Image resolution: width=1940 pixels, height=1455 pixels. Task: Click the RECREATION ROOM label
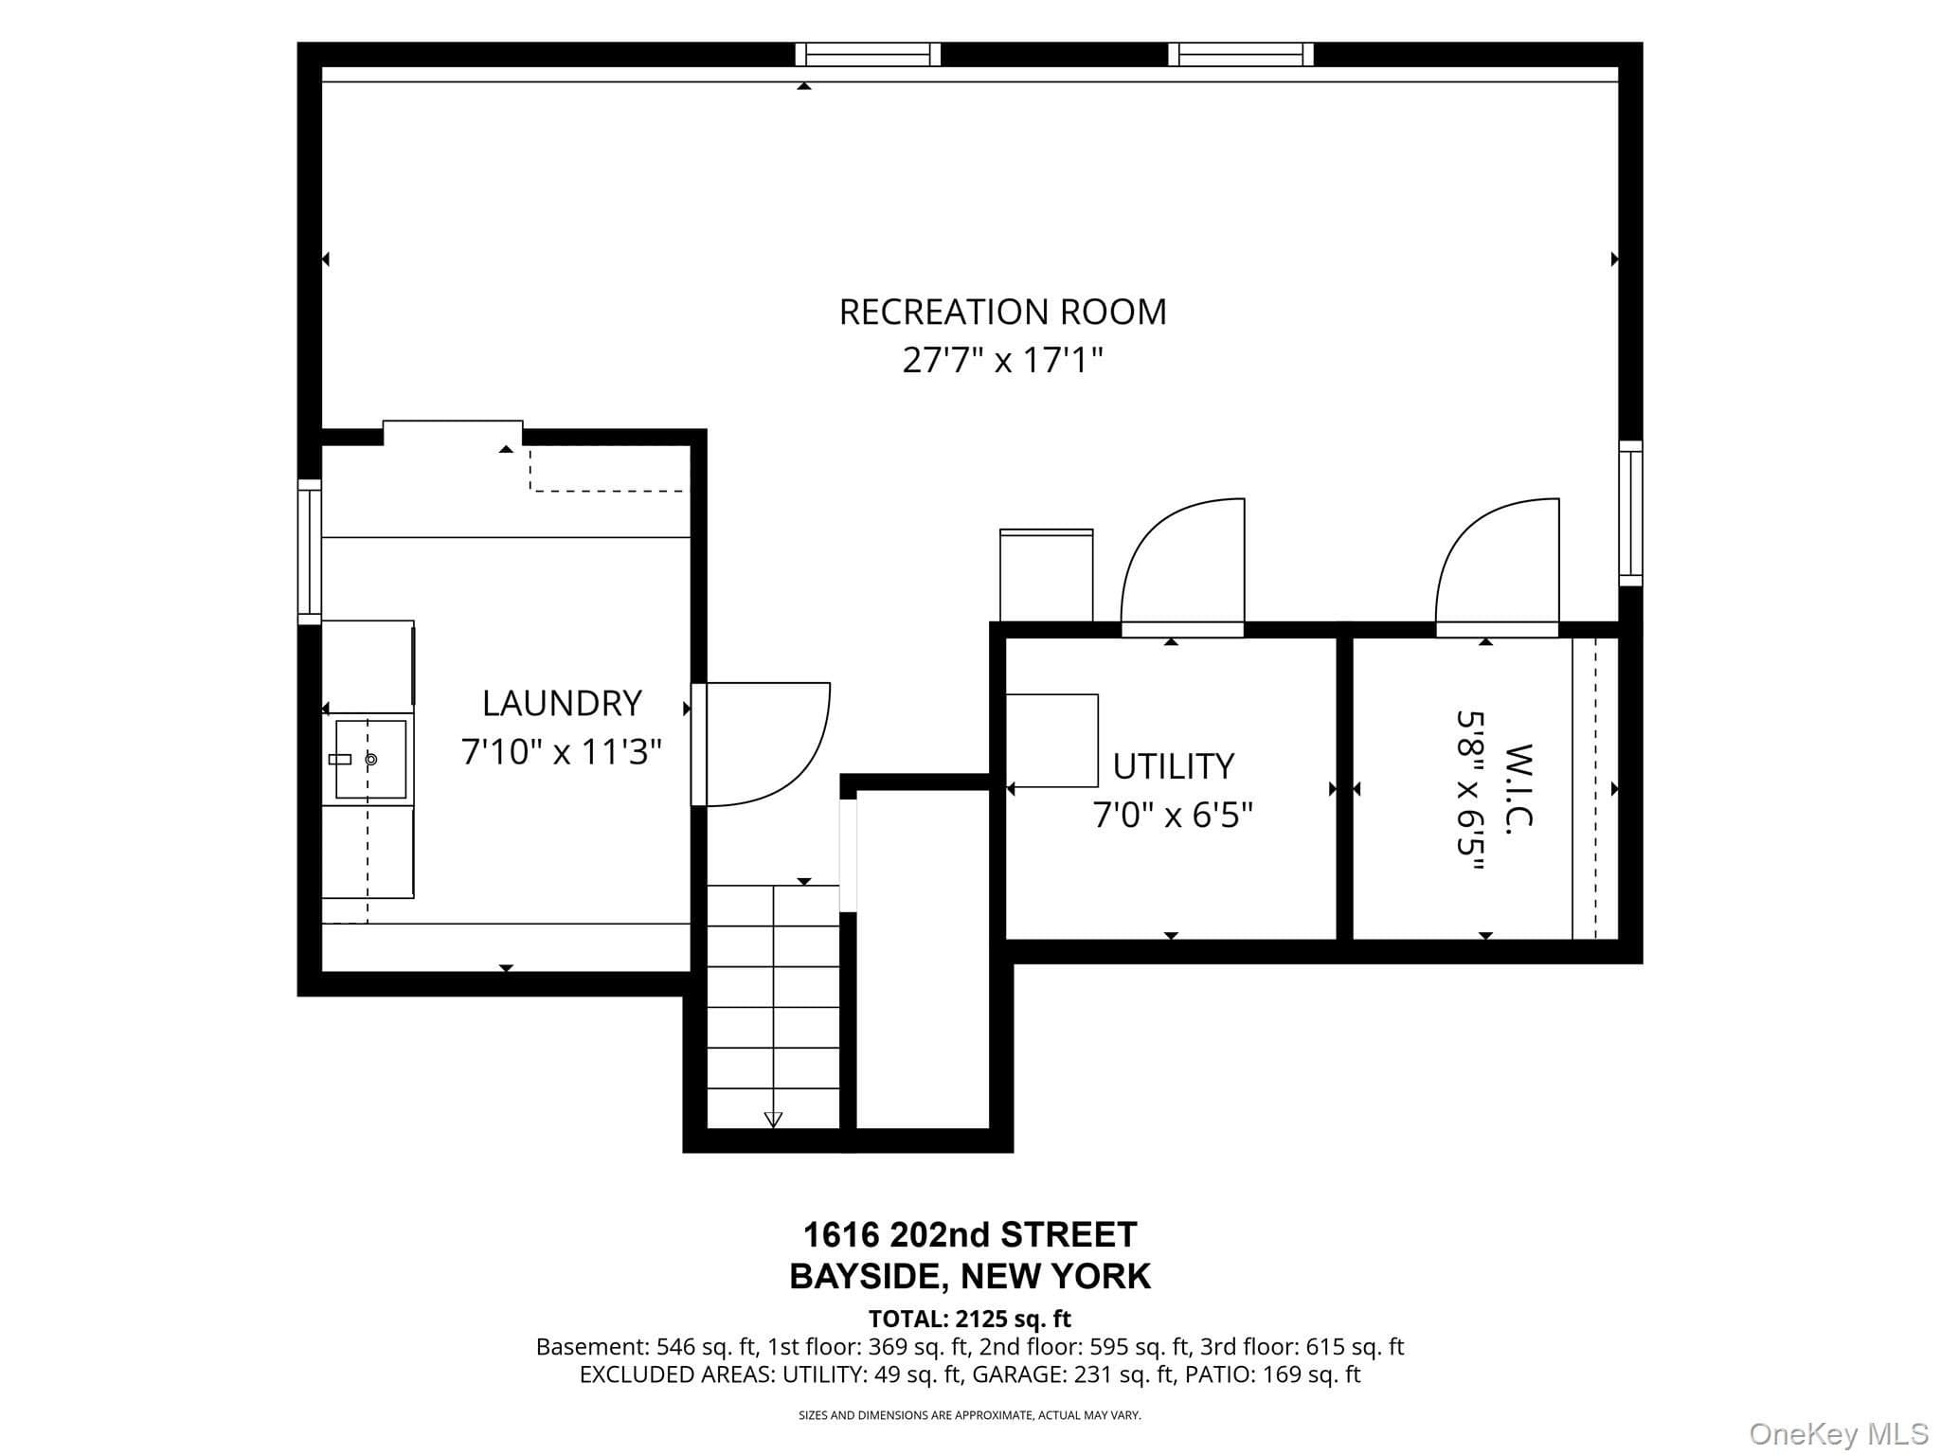click(1003, 312)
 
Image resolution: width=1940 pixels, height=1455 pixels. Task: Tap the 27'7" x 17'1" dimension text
click(1003, 360)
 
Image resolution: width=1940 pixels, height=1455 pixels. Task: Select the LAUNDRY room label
click(562, 703)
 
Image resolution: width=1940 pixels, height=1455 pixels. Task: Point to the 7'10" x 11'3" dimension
click(562, 752)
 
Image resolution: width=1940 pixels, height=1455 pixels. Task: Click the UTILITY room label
click(1173, 766)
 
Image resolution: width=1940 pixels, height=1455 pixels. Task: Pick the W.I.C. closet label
click(1518, 788)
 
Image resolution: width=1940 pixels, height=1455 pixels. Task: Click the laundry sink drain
click(371, 759)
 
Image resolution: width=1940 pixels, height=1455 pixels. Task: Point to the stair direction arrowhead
click(773, 1120)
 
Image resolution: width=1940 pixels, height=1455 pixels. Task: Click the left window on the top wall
click(868, 54)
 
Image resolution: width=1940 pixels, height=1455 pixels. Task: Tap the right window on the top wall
click(1241, 54)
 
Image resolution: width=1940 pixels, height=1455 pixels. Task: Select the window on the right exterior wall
click(1630, 512)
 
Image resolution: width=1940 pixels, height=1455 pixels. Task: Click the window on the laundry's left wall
click(310, 551)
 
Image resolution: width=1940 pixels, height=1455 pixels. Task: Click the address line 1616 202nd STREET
click(970, 1234)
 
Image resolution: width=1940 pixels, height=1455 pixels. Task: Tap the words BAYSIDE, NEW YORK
click(970, 1277)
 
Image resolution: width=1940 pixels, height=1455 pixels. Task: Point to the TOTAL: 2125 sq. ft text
click(970, 1319)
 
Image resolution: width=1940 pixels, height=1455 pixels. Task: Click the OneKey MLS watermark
click(1839, 1433)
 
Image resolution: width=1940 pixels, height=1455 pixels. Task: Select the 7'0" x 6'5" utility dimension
click(1173, 815)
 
